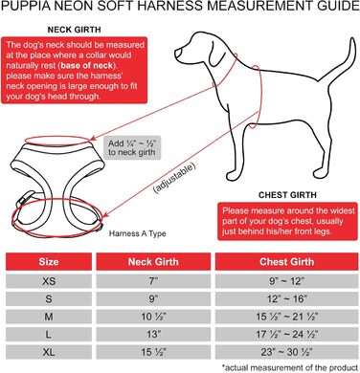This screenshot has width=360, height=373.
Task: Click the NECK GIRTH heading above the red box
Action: point(74,30)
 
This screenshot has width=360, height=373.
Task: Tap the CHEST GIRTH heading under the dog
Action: point(287,195)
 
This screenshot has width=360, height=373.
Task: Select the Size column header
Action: point(49,262)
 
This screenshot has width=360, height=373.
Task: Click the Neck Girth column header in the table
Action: point(153,262)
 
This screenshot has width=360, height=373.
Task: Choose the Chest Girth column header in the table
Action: point(286,262)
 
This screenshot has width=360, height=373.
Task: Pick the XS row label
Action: point(49,281)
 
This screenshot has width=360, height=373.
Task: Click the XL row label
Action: point(49,352)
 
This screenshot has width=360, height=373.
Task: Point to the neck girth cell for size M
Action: point(153,317)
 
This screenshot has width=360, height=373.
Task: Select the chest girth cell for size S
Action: point(286,299)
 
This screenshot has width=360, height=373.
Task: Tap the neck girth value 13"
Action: point(154,335)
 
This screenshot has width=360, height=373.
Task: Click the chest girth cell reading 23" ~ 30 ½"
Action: point(286,352)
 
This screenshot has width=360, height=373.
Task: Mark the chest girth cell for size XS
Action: point(286,281)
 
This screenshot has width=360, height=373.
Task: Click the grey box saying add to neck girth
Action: point(132,148)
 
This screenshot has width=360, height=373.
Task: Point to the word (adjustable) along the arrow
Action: point(174,178)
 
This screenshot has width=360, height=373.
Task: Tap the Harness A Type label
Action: point(138,233)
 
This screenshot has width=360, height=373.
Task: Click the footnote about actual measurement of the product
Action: point(290,367)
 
